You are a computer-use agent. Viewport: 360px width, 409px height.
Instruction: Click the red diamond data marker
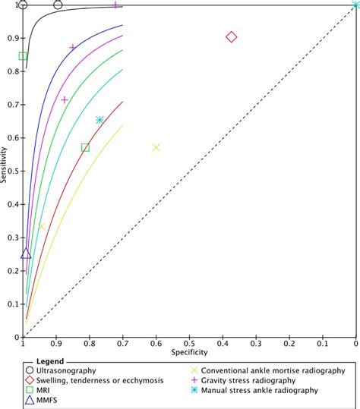pos(232,37)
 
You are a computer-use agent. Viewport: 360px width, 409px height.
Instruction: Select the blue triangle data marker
pos(27,253)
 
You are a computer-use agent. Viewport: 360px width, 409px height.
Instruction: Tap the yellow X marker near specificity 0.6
pos(156,147)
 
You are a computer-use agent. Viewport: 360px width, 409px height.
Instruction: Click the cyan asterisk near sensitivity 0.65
pos(99,120)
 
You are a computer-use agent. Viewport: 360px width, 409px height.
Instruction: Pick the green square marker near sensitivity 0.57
pos(85,147)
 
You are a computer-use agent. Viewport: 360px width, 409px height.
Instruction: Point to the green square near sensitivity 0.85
pos(24,56)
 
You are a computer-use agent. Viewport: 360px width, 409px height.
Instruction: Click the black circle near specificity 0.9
pos(58,5)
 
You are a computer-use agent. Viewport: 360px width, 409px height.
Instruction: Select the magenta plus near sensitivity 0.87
pos(73,47)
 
